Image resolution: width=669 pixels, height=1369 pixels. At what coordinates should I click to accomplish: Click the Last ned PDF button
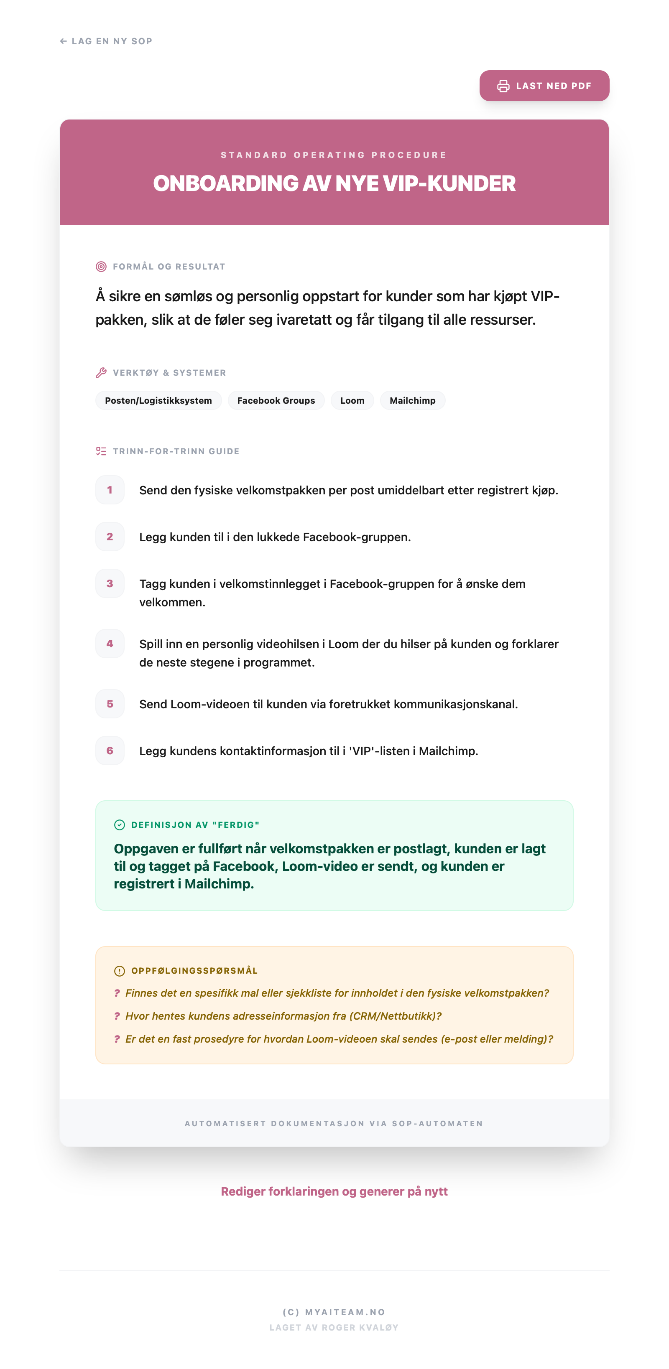click(x=544, y=86)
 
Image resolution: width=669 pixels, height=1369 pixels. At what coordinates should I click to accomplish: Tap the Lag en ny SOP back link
click(x=106, y=41)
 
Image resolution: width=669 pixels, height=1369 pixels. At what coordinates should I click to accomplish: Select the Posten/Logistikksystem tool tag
click(x=158, y=400)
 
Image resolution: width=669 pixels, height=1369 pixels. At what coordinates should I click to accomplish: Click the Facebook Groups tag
click(x=276, y=400)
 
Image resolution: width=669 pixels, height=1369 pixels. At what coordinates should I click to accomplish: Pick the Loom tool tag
click(x=352, y=400)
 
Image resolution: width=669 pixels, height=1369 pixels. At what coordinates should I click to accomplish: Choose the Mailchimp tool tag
click(x=412, y=400)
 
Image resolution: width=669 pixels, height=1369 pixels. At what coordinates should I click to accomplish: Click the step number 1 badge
click(x=110, y=489)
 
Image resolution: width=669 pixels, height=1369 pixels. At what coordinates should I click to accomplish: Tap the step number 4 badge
click(x=110, y=644)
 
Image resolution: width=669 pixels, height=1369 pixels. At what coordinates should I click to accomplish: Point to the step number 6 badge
click(x=110, y=751)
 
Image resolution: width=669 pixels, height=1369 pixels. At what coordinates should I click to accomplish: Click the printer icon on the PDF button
click(x=503, y=86)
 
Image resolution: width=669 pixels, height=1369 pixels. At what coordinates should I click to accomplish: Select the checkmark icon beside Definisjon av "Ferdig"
click(x=120, y=825)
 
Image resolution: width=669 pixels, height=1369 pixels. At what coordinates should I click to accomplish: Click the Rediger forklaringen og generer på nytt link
click(x=334, y=1191)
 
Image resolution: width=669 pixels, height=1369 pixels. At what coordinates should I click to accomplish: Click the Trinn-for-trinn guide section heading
click(x=176, y=451)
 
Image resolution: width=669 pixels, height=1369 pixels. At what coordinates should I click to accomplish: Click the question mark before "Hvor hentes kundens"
click(x=117, y=1015)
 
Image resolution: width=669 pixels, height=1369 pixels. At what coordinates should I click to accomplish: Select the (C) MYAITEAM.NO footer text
click(x=334, y=1312)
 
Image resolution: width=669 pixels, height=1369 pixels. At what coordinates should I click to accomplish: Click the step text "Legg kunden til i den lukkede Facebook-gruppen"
click(x=275, y=537)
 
